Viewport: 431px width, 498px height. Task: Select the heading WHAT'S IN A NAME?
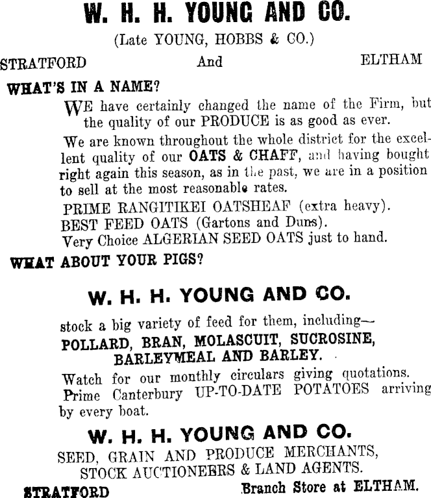click(83, 87)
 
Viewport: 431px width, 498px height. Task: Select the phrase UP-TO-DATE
click(239, 391)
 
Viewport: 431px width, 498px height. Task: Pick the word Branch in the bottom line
click(264, 486)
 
